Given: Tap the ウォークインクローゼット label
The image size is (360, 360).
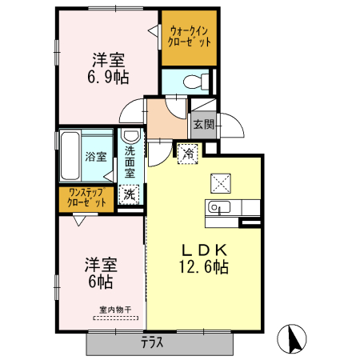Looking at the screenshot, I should tap(190, 36).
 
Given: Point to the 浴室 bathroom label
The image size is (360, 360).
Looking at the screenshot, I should tap(96, 157).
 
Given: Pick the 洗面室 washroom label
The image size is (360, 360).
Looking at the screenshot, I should tap(129, 159).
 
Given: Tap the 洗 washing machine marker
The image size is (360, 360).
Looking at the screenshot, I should tap(128, 194).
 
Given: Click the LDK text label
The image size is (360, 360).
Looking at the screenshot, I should tap(203, 249).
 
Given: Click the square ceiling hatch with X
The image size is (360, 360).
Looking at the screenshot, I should tap(221, 182).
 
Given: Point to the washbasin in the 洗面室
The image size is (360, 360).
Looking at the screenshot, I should tap(129, 136).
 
